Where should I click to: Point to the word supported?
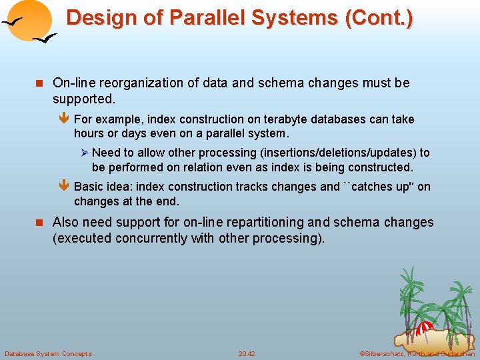click(x=84, y=99)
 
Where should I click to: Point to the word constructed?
click(x=381, y=167)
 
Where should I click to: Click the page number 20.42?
click(x=247, y=353)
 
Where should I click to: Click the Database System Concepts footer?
click(x=48, y=353)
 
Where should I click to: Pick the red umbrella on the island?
click(x=425, y=327)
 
